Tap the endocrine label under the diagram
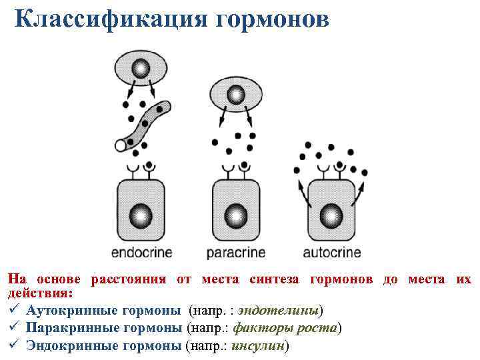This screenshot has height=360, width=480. [141, 253]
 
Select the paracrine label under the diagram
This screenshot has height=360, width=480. [235, 253]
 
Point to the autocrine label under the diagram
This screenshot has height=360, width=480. [332, 253]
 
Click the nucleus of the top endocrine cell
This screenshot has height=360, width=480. [141, 68]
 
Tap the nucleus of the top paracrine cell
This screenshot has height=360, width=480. [235, 95]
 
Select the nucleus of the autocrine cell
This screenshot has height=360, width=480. [330, 215]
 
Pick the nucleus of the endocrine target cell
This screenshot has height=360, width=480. [141, 215]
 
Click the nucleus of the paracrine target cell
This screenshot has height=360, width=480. [235, 215]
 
